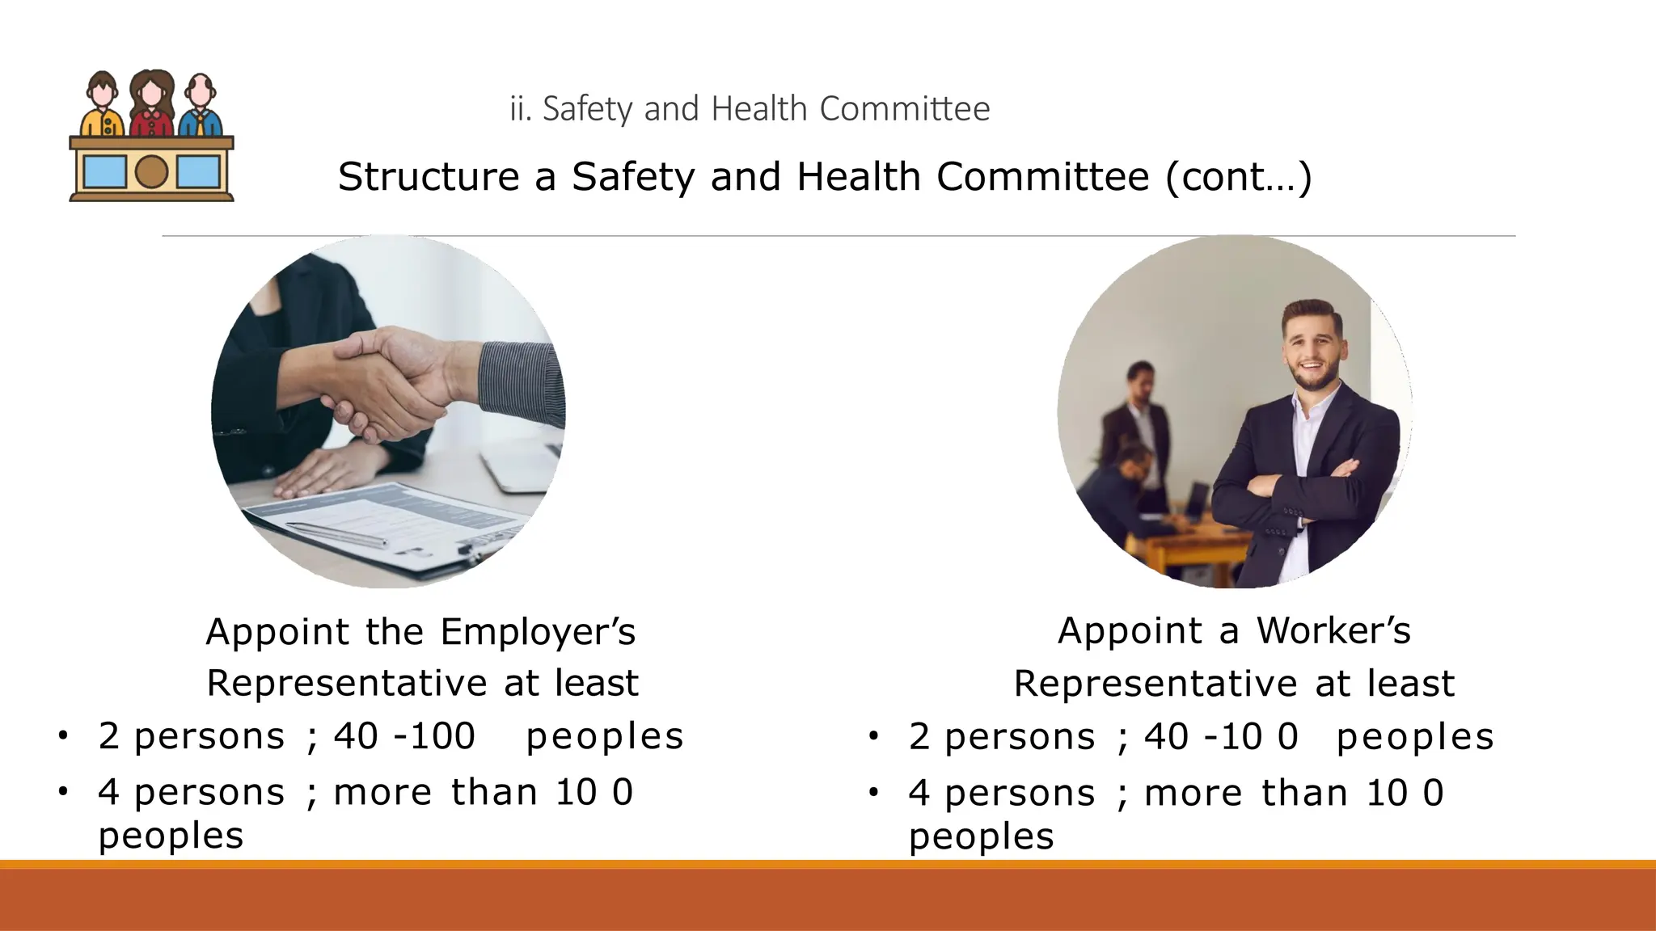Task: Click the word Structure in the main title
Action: coord(428,177)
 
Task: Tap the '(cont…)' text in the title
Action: coord(1238,177)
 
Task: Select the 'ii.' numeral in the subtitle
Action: coord(519,109)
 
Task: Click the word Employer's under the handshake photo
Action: coord(538,632)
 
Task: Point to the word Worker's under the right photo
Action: coord(1333,631)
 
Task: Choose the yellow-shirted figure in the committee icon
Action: coord(102,105)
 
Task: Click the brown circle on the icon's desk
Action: coord(151,171)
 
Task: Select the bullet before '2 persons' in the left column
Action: coord(63,736)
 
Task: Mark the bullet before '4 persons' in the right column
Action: coord(873,793)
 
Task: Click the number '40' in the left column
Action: coord(356,736)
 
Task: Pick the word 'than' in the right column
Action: coord(1304,793)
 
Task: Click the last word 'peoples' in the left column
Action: coord(171,836)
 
